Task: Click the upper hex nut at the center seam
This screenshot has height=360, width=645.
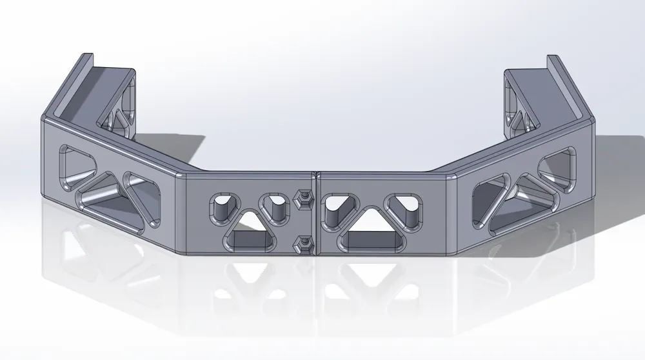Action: click(300, 199)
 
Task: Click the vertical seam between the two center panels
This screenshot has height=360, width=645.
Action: click(315, 213)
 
